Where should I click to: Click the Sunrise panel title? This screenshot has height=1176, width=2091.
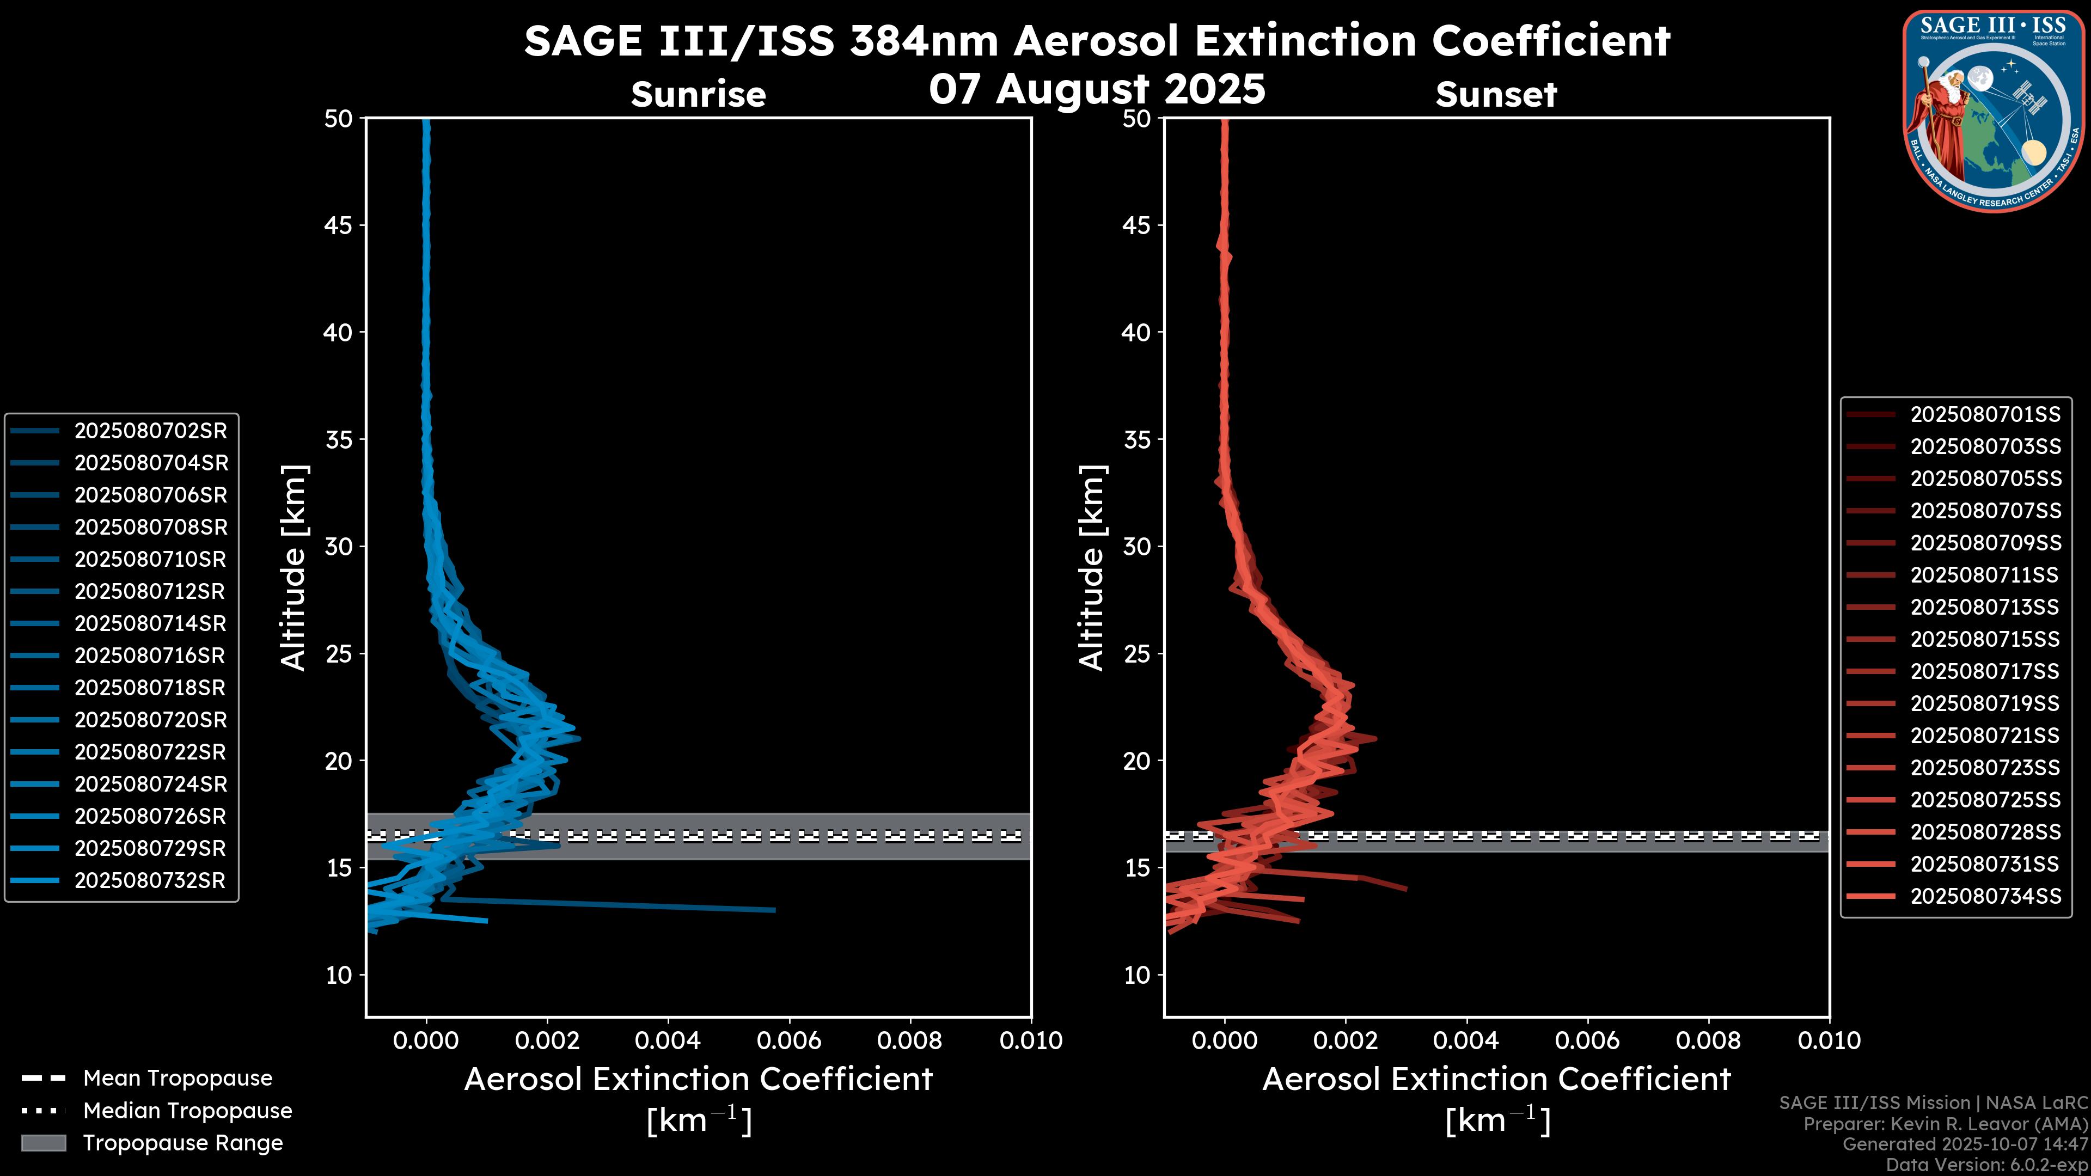tap(698, 94)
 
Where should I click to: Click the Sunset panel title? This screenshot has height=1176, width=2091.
tap(1496, 94)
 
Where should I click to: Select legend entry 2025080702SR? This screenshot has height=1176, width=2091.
tap(150, 431)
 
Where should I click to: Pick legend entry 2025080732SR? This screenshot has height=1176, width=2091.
tap(150, 880)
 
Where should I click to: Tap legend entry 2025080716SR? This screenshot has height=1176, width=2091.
tap(150, 656)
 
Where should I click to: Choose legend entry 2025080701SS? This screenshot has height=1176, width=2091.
tap(1985, 415)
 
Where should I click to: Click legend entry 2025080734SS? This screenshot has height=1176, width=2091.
tap(1985, 896)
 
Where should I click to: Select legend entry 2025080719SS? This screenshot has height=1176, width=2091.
tap(1985, 703)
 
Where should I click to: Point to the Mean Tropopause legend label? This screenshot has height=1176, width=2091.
tap(178, 1079)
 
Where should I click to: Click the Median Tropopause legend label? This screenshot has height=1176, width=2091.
tap(187, 1111)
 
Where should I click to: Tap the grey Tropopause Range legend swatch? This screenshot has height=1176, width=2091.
tap(43, 1143)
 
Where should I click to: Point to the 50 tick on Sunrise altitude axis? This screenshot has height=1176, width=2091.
tap(339, 119)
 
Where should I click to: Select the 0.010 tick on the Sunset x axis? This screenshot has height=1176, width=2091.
tap(1829, 1040)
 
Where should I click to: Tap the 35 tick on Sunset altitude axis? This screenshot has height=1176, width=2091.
tap(1136, 440)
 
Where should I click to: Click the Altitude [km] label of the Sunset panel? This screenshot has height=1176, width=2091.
tap(1092, 568)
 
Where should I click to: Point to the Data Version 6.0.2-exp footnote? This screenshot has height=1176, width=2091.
tap(1986, 1166)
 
